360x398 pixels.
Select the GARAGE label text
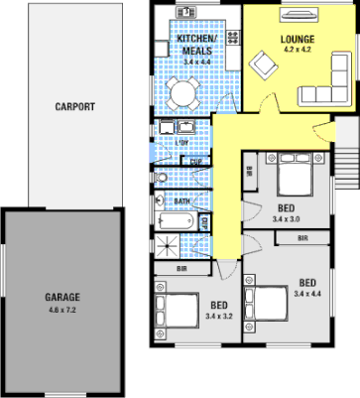click(61, 297)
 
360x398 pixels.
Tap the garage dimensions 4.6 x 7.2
click(61, 310)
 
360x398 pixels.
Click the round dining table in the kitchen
click(183, 93)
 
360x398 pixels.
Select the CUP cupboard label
click(196, 162)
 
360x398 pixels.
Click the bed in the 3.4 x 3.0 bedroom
click(296, 179)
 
